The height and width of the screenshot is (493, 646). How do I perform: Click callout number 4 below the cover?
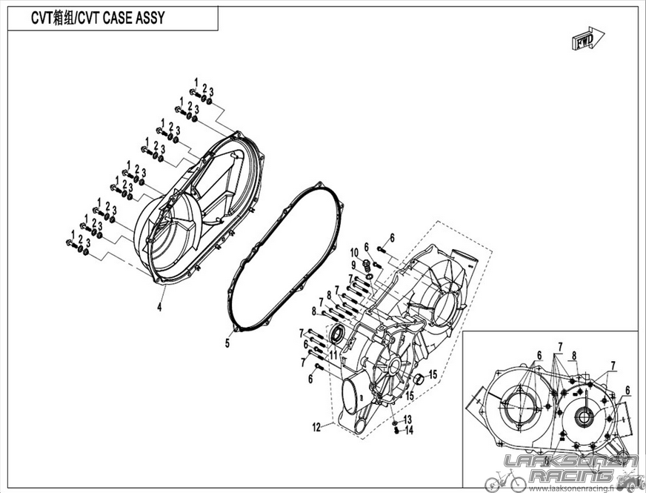[159, 307]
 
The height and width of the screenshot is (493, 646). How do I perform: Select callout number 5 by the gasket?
[227, 343]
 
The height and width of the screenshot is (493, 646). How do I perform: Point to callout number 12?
[316, 428]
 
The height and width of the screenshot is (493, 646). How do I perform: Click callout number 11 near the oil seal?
[333, 354]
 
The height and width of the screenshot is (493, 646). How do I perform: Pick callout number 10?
[354, 253]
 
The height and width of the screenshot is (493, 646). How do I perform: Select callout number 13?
[407, 420]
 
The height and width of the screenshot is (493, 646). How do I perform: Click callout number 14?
[409, 430]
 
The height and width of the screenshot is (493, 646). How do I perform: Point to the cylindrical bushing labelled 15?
[419, 379]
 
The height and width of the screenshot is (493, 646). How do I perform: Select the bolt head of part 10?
[365, 262]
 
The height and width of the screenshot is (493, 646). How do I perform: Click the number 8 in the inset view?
[574, 356]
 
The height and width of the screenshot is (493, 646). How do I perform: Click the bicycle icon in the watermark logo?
[505, 481]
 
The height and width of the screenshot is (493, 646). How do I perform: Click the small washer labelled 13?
[395, 423]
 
